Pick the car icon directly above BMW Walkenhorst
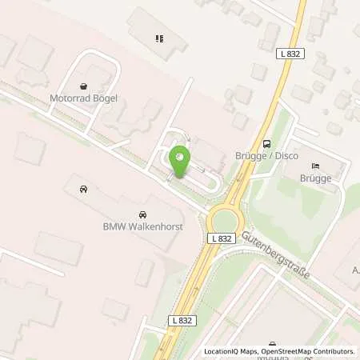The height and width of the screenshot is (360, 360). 142,214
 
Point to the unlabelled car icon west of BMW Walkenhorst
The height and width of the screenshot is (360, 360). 83,190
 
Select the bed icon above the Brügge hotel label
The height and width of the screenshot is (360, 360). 315,164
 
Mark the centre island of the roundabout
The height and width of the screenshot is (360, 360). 224,219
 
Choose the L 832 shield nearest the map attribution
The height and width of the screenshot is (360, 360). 181,319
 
